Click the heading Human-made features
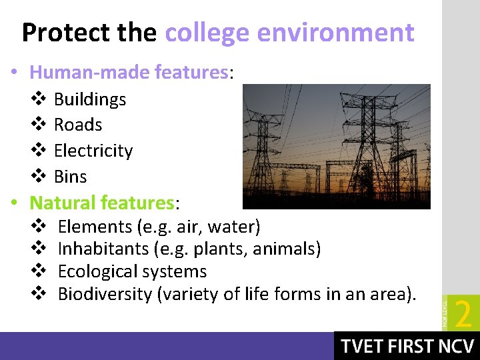[x=129, y=72]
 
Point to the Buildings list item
[x=89, y=99]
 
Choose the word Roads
[x=77, y=125]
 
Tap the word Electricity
[x=93, y=151]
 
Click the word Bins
[x=70, y=177]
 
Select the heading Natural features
[x=101, y=202]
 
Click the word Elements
[x=95, y=227]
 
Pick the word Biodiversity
[x=104, y=294]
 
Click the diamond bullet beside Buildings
[x=38, y=99]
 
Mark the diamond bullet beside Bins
[x=38, y=176]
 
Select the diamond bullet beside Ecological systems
[x=38, y=271]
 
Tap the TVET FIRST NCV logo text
[x=407, y=347]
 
